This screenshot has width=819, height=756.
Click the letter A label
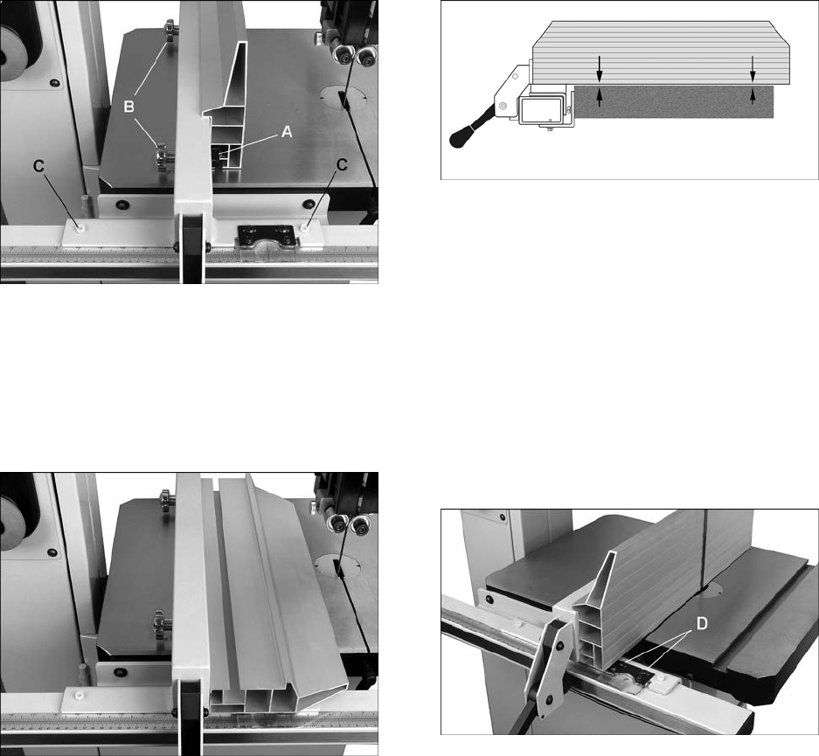click(287, 133)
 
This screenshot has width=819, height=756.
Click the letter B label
click(129, 107)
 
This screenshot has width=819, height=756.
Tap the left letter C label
click(38, 165)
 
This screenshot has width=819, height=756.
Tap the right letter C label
click(342, 165)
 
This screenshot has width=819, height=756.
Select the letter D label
click(703, 623)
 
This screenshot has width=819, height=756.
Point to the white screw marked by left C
click(80, 227)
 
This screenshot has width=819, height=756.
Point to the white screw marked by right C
click(305, 227)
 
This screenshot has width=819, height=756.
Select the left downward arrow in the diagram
click(600, 68)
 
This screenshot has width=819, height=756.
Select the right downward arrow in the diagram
click(753, 68)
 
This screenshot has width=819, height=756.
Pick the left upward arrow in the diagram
click(600, 97)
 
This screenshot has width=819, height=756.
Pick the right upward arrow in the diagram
click(753, 96)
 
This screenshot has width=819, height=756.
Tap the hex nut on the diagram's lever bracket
click(503, 106)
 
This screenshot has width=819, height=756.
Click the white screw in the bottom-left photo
click(80, 696)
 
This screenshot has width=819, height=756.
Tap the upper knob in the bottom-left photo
click(167, 501)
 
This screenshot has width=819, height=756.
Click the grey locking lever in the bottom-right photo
click(545, 666)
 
